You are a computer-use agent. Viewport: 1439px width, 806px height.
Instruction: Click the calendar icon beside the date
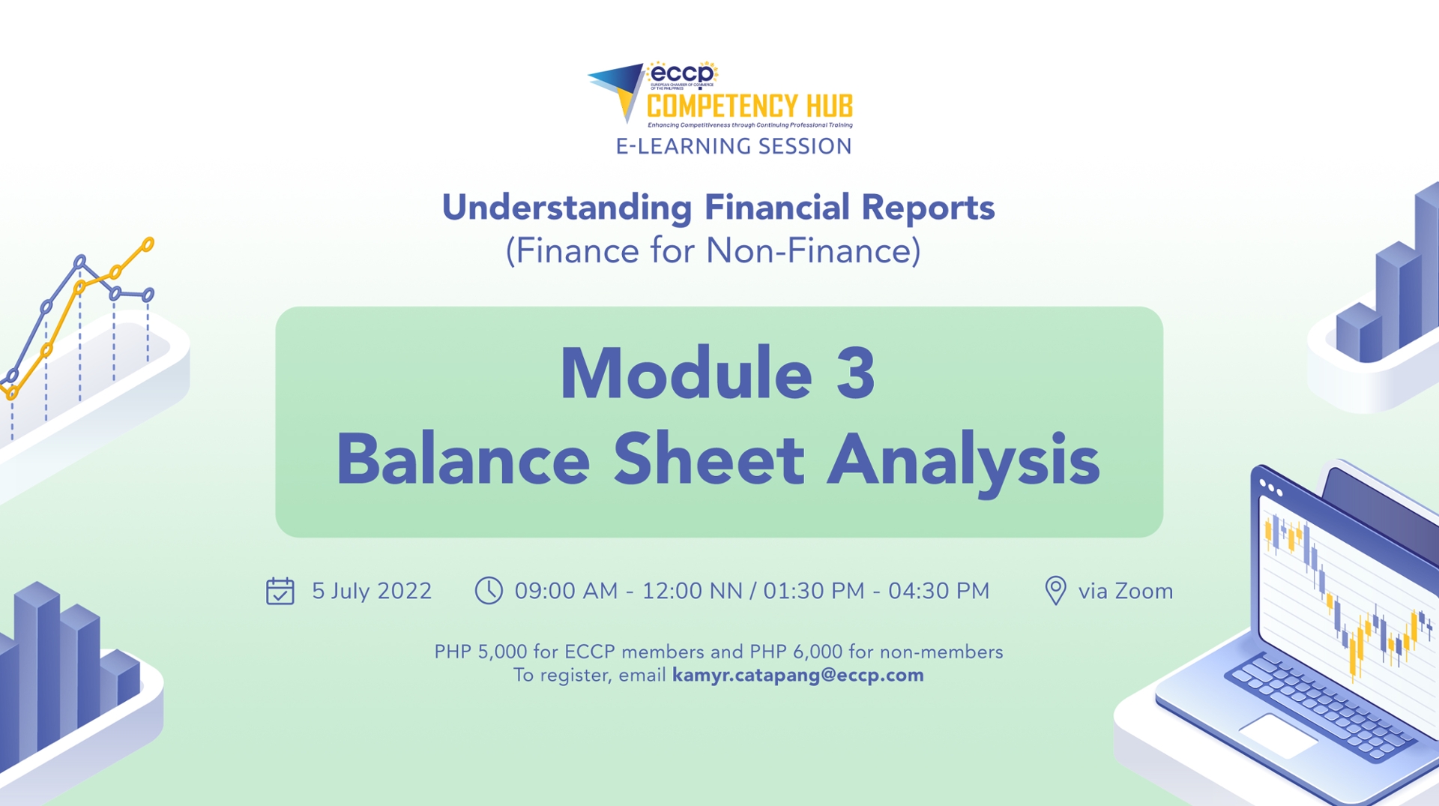(280, 591)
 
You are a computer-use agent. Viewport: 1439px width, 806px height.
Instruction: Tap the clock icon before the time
(489, 590)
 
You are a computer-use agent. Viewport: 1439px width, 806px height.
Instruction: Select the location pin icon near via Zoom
(1055, 591)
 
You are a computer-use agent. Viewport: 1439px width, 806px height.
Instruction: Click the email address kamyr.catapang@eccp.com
(797, 675)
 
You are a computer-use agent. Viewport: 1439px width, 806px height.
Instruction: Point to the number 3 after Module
(855, 373)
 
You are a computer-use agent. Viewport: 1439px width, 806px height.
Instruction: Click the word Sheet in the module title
(708, 459)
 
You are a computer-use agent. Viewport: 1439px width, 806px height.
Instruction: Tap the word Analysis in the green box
(963, 459)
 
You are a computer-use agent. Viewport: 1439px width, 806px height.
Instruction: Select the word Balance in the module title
(462, 459)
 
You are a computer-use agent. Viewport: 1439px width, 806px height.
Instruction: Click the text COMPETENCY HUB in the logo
(749, 106)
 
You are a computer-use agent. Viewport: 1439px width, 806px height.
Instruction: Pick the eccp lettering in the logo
(681, 73)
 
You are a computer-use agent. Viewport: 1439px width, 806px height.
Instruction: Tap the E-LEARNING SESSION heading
(734, 146)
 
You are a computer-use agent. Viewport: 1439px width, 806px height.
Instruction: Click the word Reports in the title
(927, 207)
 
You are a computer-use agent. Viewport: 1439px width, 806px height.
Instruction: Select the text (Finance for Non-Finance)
(713, 250)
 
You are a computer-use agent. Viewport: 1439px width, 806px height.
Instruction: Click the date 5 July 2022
(372, 591)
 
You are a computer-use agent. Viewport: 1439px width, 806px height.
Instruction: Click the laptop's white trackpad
(1278, 734)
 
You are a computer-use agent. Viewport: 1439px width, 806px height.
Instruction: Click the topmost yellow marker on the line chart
(148, 244)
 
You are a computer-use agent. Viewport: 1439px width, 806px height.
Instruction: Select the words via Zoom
(1125, 591)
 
